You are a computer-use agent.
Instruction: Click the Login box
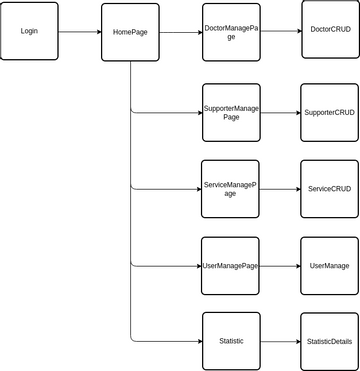click(x=30, y=31)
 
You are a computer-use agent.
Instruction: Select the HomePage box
click(x=131, y=32)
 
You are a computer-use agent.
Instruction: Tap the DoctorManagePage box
click(x=230, y=32)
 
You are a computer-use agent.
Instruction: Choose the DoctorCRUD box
click(x=329, y=31)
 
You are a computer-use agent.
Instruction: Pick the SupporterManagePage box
click(x=230, y=112)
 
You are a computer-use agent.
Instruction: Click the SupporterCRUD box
click(x=329, y=112)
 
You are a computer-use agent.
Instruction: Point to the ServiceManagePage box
click(x=230, y=189)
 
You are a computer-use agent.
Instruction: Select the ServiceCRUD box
click(x=329, y=189)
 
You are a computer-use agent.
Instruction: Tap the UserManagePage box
click(x=230, y=265)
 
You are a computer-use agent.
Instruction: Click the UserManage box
click(x=329, y=265)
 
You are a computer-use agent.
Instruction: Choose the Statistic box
click(x=230, y=341)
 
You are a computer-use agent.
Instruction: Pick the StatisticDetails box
click(x=329, y=341)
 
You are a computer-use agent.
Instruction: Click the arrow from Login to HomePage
click(x=80, y=32)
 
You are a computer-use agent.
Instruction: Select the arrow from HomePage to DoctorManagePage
click(x=181, y=32)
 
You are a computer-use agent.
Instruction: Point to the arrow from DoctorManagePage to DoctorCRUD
click(x=280, y=32)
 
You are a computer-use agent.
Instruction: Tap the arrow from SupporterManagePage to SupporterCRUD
click(x=280, y=112)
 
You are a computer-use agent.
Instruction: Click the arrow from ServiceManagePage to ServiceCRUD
click(x=280, y=189)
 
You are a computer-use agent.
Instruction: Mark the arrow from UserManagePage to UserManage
click(x=280, y=265)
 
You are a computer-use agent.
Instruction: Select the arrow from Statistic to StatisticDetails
click(x=280, y=341)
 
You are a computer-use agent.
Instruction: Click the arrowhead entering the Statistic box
click(x=197, y=341)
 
